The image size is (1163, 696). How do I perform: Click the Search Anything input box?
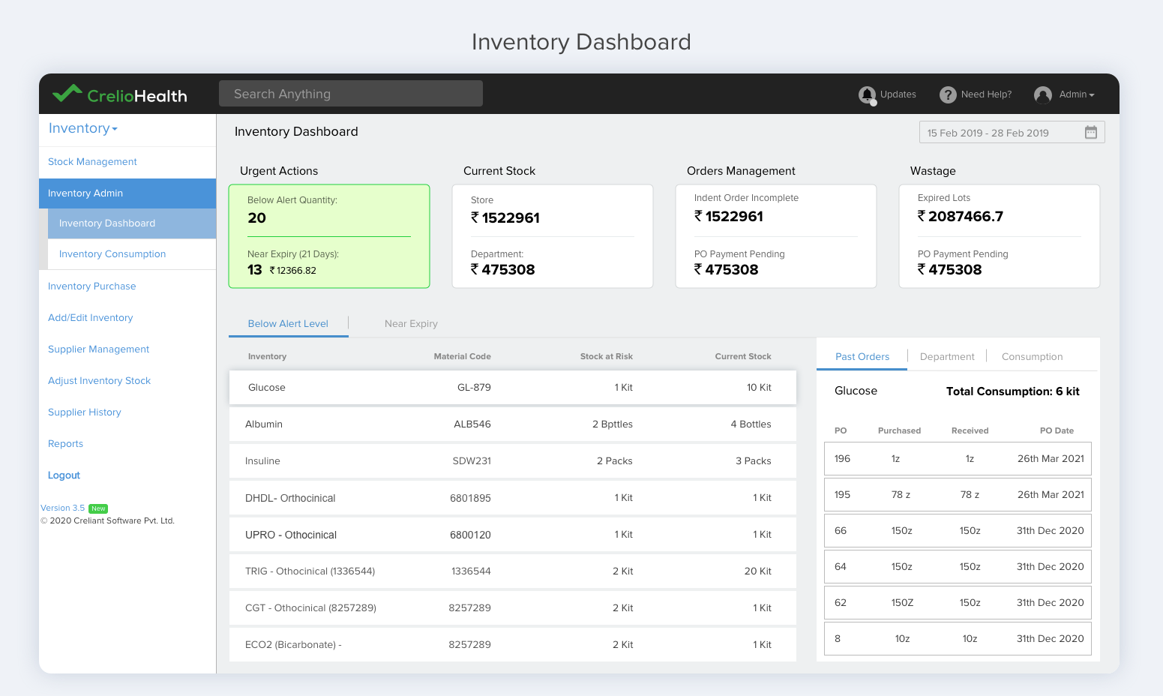click(x=350, y=94)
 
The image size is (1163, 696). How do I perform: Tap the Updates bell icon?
click(x=867, y=94)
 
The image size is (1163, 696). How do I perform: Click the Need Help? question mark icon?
click(x=948, y=94)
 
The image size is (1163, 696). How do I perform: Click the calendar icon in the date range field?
click(x=1090, y=133)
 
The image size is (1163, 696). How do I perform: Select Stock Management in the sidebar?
click(x=92, y=162)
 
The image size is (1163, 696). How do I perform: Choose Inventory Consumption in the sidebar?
click(x=112, y=254)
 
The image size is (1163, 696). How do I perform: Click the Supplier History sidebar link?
click(x=84, y=412)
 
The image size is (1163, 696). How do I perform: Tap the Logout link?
click(x=64, y=475)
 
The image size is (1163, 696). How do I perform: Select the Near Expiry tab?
click(x=411, y=324)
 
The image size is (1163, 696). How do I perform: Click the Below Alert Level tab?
click(x=288, y=324)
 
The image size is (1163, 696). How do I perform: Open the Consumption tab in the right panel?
click(x=1032, y=357)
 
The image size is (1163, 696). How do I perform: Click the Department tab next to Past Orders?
click(x=947, y=357)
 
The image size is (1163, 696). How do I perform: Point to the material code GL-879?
click(x=474, y=388)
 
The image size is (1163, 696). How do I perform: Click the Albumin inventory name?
click(x=264, y=424)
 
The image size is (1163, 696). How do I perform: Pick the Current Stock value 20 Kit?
click(x=757, y=571)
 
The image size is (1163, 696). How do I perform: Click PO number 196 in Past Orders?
click(x=842, y=459)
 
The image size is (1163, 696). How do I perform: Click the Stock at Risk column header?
click(x=606, y=357)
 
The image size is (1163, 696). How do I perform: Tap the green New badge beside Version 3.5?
click(x=98, y=508)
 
